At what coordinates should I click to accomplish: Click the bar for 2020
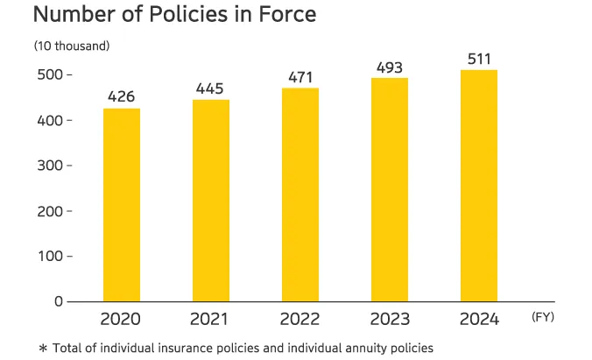click(x=122, y=205)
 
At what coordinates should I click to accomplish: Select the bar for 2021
click(x=211, y=201)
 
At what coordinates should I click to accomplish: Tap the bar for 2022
click(x=300, y=194)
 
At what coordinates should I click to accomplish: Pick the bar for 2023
click(x=390, y=189)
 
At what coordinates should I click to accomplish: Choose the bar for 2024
click(x=479, y=186)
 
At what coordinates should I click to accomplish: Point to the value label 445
click(x=211, y=88)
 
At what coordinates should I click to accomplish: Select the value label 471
click(x=300, y=77)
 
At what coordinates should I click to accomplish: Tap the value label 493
click(x=390, y=67)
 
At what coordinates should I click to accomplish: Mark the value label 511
click(x=479, y=59)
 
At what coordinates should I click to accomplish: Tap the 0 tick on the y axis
click(x=59, y=301)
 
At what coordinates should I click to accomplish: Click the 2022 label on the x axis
click(x=300, y=320)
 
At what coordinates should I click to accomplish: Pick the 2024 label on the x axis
click(x=479, y=320)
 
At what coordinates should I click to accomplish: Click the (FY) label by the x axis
click(x=543, y=317)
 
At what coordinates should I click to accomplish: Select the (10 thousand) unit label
click(x=72, y=45)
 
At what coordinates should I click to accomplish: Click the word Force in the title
click(x=283, y=15)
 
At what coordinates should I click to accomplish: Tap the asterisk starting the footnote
click(x=42, y=349)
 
